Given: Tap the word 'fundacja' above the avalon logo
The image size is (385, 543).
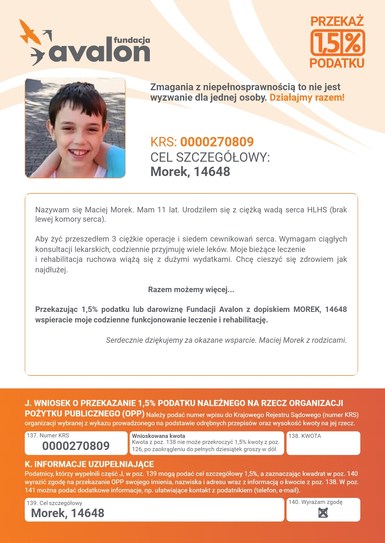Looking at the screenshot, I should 132,40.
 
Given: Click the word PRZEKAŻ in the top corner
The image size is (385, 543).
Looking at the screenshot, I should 337,21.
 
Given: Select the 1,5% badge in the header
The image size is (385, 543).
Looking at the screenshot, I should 338,43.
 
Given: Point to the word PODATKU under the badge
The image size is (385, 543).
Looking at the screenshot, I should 337,63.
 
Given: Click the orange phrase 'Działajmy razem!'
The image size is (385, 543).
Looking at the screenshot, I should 307,97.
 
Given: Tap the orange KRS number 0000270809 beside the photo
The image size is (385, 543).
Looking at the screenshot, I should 217,142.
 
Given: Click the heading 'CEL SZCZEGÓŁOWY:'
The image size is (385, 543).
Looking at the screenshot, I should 210,157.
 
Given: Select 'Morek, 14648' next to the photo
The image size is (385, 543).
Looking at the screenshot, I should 190,172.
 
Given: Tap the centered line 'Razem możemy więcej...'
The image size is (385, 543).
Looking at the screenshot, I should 191,290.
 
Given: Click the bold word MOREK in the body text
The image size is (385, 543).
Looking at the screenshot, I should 307,309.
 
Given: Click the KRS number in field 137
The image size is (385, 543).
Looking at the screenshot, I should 76,446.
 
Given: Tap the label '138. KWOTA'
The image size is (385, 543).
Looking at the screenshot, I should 305,436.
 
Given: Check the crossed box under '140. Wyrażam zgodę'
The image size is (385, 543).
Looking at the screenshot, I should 323,513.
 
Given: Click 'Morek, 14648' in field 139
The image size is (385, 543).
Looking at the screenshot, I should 68,513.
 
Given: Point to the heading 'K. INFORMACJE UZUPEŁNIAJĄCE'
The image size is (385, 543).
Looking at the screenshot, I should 89,464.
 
